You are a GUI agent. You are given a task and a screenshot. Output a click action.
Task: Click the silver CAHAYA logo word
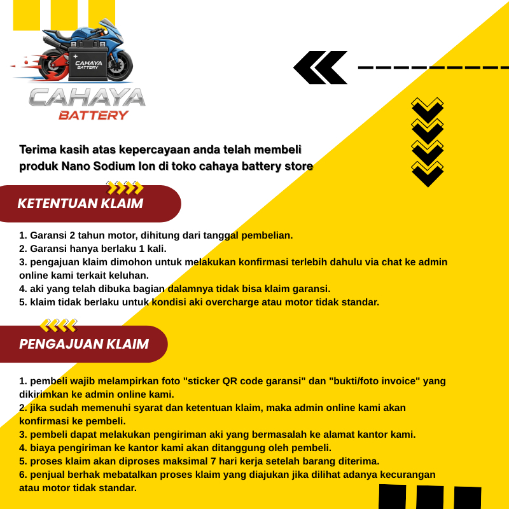coord(87,97)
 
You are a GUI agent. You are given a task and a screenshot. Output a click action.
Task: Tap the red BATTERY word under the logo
coord(94,115)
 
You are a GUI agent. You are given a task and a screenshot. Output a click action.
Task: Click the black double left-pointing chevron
coord(321,67)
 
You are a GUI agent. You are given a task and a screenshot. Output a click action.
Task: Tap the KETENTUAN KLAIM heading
coord(80,204)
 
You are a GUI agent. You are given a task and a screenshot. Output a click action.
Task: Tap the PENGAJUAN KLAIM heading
coord(84,344)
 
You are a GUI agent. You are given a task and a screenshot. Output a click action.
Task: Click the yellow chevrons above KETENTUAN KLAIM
coord(125,188)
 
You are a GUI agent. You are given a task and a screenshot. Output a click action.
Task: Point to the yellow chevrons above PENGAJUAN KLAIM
coord(59,326)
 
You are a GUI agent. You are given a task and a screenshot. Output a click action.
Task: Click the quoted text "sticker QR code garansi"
coord(246,381)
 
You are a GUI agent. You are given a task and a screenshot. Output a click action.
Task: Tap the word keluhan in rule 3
coord(129,275)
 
